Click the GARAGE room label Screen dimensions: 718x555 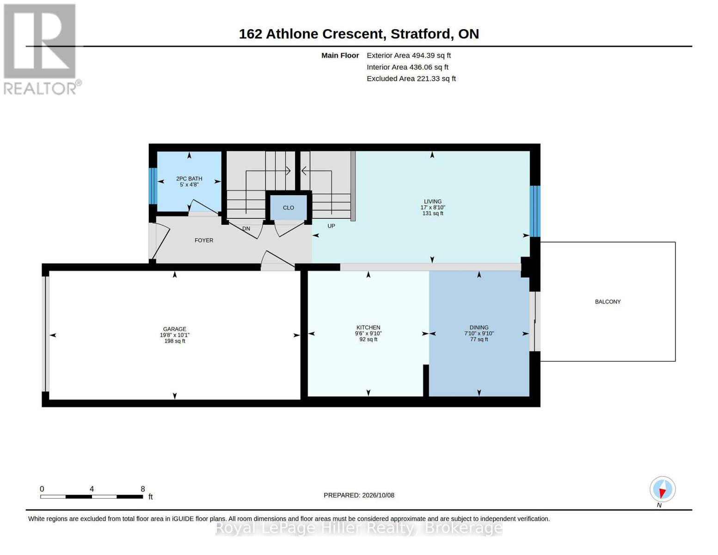[x=174, y=329]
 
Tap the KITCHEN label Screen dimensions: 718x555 [x=368, y=327]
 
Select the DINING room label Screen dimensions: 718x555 [x=479, y=327]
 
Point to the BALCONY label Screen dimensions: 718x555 [x=608, y=302]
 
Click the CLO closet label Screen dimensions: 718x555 [x=288, y=208]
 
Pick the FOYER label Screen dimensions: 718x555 [x=204, y=240]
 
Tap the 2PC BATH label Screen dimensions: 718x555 [x=189, y=179]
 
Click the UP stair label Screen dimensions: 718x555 [x=331, y=226]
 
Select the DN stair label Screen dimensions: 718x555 [x=246, y=228]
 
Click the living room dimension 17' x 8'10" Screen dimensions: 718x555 [x=433, y=207]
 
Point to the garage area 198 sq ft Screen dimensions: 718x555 [x=174, y=341]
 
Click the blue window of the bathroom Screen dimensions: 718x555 [x=152, y=186]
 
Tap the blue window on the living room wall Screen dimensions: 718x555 [x=535, y=211]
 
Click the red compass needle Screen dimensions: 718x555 [x=662, y=493]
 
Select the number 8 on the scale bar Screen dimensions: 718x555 [x=143, y=489]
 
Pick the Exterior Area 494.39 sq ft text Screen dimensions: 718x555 [x=409, y=55]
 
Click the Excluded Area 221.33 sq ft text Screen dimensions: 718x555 [x=411, y=78]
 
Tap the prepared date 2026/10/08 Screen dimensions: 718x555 [x=378, y=495]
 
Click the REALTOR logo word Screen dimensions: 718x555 [x=40, y=88]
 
